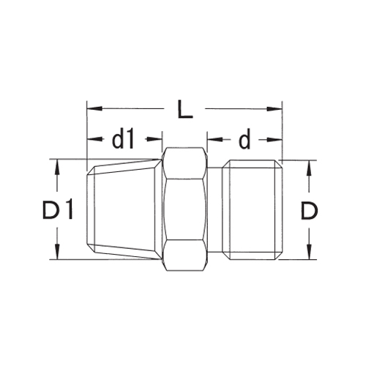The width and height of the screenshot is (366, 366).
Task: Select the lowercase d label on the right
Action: click(244, 138)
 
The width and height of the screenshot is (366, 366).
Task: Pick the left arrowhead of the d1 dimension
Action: click(92, 138)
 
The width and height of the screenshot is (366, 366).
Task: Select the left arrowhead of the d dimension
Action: click(213, 138)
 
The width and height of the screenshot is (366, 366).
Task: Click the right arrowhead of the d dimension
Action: click(277, 138)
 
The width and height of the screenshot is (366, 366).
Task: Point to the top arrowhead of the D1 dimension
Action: click(56, 165)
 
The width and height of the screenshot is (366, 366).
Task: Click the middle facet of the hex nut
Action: click(184, 209)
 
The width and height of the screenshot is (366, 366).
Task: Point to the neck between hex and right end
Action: click(216, 209)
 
